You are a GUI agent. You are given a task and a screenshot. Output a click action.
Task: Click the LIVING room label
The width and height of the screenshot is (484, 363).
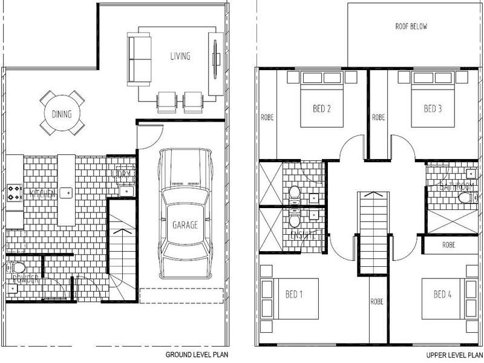(180, 56)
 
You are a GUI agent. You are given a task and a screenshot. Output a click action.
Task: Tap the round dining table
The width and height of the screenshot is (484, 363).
(62, 113)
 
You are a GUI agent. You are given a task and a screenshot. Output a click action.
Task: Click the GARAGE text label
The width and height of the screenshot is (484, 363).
(185, 225)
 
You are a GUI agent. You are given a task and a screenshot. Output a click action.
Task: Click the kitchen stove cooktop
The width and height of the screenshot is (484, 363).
(14, 194)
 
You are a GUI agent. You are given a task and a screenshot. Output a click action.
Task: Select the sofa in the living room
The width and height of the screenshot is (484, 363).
(139, 60)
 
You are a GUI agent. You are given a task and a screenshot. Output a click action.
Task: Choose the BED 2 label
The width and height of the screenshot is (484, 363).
(321, 109)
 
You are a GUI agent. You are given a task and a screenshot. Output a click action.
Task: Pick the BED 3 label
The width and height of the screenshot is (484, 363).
(432, 109)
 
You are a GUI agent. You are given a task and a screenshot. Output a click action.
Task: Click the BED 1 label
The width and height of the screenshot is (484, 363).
(294, 295)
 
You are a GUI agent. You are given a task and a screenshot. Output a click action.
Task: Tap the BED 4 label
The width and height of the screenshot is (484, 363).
(442, 295)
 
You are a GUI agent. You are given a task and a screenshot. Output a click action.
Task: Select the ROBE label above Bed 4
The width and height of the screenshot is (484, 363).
(448, 245)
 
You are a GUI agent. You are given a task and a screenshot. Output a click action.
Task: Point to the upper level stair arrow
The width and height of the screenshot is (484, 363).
(373, 195)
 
